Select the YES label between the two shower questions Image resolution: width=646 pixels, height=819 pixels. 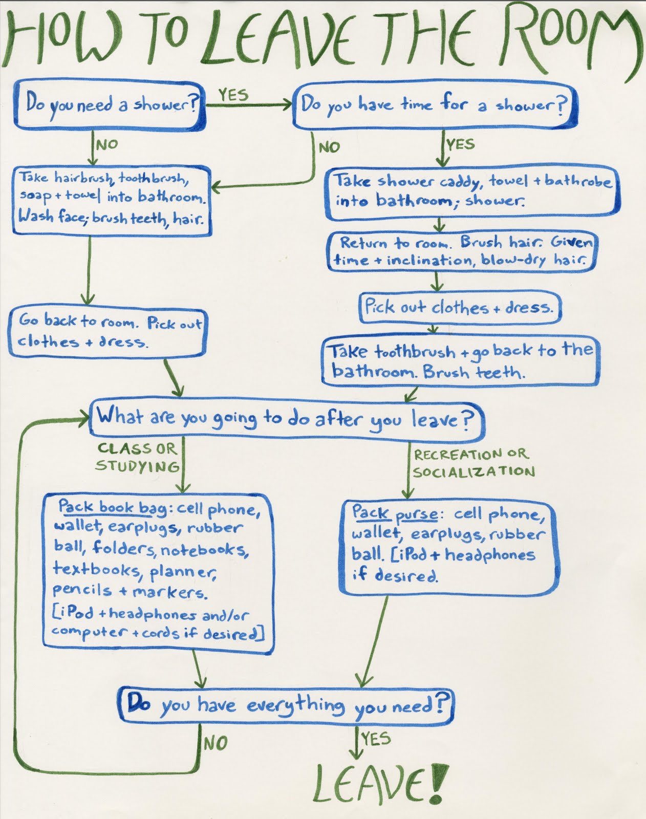233,95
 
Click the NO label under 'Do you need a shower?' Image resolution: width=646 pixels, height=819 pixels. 106,145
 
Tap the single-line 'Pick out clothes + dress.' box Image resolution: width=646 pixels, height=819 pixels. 459,308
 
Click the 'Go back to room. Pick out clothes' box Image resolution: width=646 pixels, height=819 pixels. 107,332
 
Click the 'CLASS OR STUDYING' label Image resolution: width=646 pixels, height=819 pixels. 137,457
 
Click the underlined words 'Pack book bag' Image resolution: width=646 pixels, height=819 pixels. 112,507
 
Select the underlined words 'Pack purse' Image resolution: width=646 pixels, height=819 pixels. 394,513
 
